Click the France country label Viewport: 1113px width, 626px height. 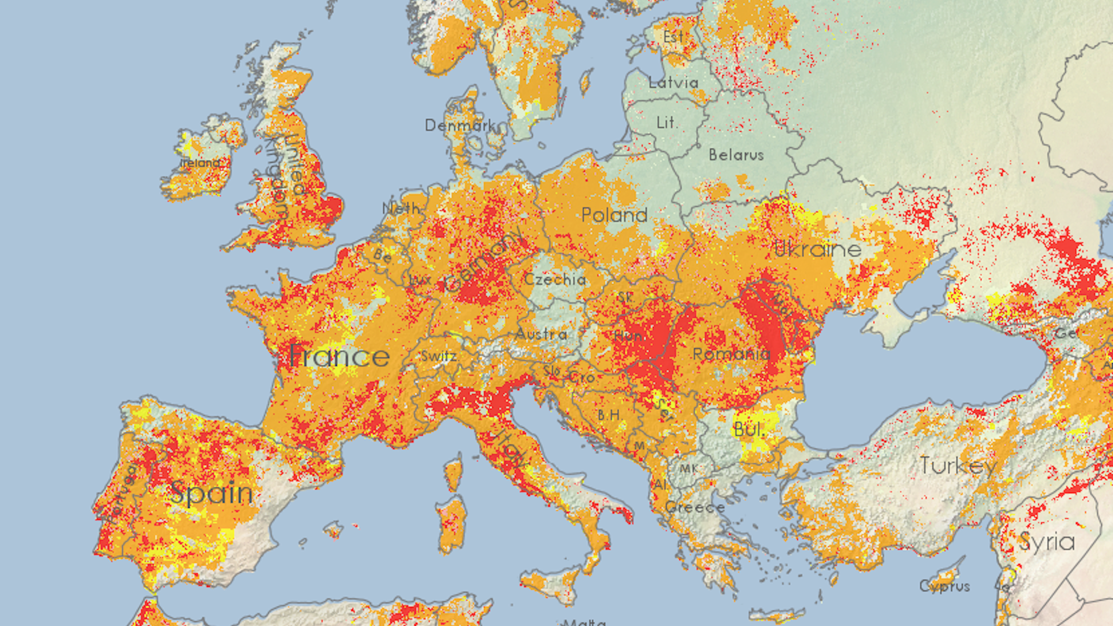[339, 356]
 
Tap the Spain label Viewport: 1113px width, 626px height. [212, 493]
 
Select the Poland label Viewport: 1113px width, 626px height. [614, 215]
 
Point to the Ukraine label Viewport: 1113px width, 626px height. [817, 249]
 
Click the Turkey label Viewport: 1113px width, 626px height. [958, 465]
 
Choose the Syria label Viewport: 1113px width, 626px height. [1047, 542]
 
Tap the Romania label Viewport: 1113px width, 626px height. [731, 354]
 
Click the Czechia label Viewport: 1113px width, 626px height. [555, 279]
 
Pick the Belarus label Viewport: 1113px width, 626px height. [736, 155]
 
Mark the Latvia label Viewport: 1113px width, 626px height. [673, 83]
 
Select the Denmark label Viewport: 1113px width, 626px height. [460, 125]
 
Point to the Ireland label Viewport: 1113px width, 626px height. [200, 163]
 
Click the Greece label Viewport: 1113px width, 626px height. [694, 508]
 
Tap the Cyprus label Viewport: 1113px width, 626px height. [944, 587]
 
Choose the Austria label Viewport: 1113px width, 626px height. [541, 334]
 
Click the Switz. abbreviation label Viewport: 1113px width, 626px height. [439, 356]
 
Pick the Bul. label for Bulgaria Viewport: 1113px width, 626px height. [748, 430]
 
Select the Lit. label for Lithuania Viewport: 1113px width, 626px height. [666, 123]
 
